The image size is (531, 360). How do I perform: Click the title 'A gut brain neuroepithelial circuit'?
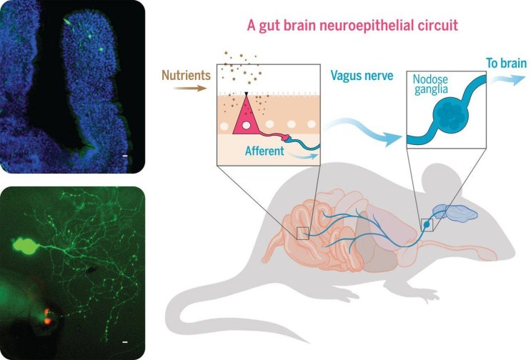pos(347,26)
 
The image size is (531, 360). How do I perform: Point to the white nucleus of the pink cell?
pos(245,126)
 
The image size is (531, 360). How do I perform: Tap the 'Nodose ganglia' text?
pos(430,89)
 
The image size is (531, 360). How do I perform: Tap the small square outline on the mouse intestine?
pos(303,232)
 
